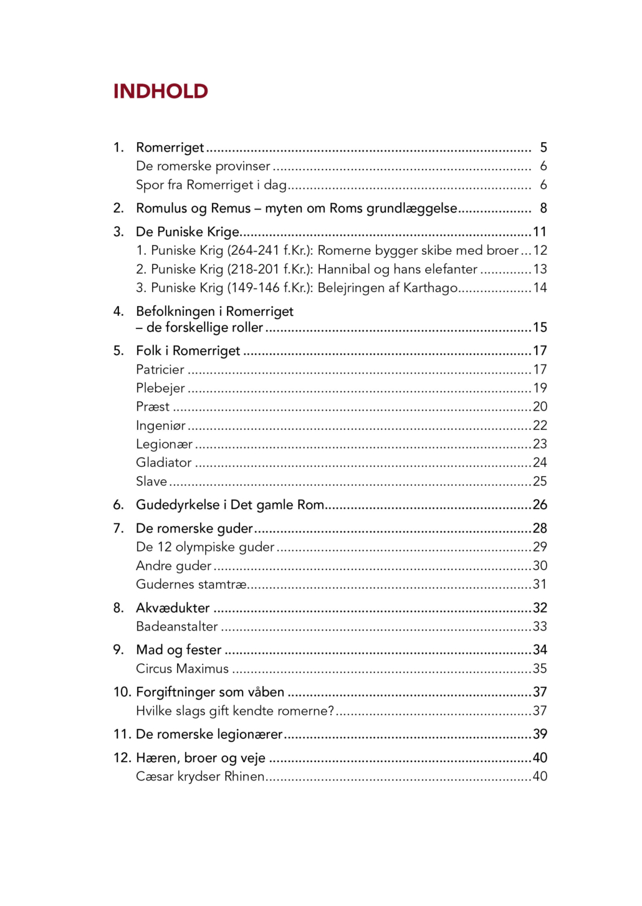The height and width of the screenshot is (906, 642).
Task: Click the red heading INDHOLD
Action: tap(160, 92)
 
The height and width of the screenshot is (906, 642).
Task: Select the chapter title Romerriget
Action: tap(170, 148)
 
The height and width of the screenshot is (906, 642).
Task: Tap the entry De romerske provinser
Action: tap(203, 166)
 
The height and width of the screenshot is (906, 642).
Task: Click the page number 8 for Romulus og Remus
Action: tap(543, 208)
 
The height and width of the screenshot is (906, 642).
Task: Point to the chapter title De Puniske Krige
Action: tap(187, 232)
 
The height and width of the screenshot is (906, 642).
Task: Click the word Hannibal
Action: tap(343, 269)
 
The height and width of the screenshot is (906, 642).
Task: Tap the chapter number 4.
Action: tap(118, 312)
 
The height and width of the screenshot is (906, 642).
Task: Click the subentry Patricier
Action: tap(160, 370)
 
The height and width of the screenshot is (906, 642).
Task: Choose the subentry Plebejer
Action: tap(160, 388)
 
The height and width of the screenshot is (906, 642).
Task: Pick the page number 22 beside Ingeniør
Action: tap(540, 426)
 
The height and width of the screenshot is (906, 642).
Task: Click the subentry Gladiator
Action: tap(163, 463)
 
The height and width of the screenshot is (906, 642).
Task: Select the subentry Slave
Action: tap(151, 482)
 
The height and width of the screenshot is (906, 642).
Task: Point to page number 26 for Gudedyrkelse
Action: tap(540, 505)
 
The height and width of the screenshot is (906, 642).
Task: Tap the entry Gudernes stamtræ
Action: tap(191, 584)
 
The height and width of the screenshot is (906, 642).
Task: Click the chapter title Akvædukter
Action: tap(173, 608)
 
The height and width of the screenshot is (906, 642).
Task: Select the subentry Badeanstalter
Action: tap(176, 627)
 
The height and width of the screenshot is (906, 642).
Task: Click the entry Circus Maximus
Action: tap(182, 669)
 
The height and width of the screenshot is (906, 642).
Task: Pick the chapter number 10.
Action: tap(122, 692)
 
